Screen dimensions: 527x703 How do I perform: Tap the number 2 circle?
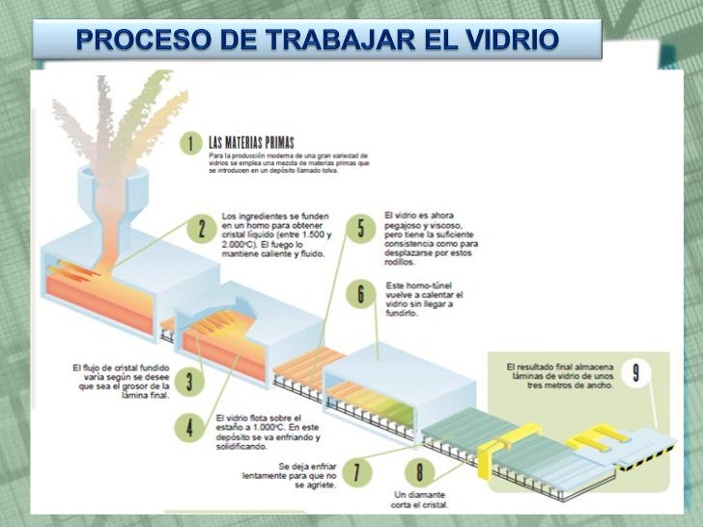tap(201, 230)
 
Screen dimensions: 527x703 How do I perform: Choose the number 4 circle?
tap(191, 427)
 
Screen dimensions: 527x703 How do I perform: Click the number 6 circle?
tap(360, 293)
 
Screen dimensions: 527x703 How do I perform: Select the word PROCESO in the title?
tap(129, 42)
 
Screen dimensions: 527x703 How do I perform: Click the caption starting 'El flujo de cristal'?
tap(121, 381)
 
